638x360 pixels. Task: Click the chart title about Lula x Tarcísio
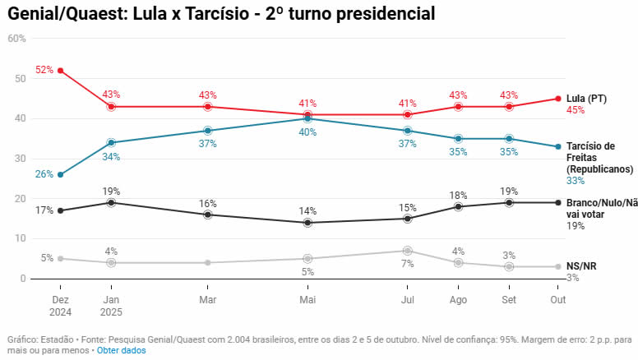tap(221, 14)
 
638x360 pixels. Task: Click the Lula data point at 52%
tap(60, 71)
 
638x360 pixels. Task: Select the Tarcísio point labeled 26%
tap(60, 174)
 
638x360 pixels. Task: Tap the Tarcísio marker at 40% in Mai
tap(307, 118)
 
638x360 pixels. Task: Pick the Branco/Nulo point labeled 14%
tap(307, 223)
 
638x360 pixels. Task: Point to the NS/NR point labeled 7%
tap(407, 251)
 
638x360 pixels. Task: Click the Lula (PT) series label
tap(586, 99)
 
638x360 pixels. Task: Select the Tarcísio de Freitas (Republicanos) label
tap(598, 157)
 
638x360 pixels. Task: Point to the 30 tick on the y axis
tap(20, 159)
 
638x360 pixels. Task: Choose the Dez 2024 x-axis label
tap(60, 306)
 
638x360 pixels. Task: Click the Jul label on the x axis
tap(407, 300)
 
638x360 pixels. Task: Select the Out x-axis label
tap(558, 300)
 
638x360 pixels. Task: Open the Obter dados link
tap(122, 350)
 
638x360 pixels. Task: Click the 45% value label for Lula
tap(576, 110)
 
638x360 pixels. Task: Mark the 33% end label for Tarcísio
tap(576, 180)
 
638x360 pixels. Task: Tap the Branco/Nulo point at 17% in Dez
tap(60, 210)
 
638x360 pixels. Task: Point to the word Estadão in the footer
tap(54, 339)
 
